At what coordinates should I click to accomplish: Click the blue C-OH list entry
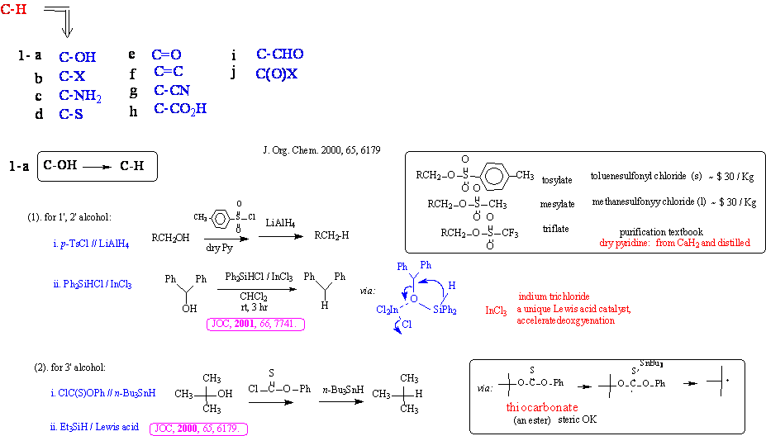(77, 57)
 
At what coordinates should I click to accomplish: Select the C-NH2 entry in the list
(80, 96)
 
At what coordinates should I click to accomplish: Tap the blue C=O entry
(166, 54)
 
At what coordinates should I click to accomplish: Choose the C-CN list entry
(172, 90)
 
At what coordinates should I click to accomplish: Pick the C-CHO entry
(279, 54)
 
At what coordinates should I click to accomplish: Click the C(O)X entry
(276, 73)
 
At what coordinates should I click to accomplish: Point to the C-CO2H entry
(180, 109)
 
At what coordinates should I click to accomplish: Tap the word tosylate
(556, 180)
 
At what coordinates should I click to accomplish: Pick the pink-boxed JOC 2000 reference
(199, 428)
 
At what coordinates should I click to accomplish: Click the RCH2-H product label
(334, 235)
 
